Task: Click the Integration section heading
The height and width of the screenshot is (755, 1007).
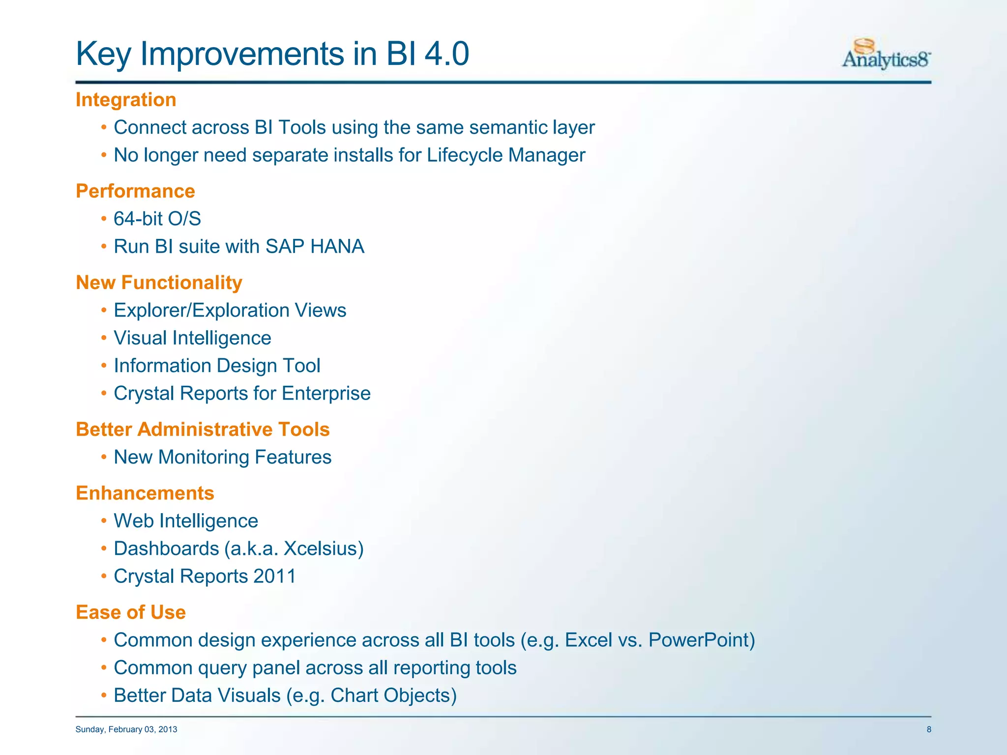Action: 126,100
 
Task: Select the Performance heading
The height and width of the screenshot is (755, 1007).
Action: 135,191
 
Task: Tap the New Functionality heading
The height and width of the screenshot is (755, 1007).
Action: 159,283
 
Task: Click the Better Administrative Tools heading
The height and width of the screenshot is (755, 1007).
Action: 203,430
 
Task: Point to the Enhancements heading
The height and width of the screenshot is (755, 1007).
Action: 145,493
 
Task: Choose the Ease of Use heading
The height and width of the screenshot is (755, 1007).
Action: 131,612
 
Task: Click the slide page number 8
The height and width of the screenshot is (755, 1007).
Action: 929,729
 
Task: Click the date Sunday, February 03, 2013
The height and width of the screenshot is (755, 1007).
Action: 126,729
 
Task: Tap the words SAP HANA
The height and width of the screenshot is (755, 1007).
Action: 315,247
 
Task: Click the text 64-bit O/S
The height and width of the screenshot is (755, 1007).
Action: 157,219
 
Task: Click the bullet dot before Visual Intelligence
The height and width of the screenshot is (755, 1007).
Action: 104,339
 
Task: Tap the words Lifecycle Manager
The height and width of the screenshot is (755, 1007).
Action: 506,155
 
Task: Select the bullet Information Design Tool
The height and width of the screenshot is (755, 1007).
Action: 217,366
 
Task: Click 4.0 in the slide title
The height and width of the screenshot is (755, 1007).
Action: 446,54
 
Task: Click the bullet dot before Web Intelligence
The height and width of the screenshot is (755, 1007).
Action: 104,522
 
